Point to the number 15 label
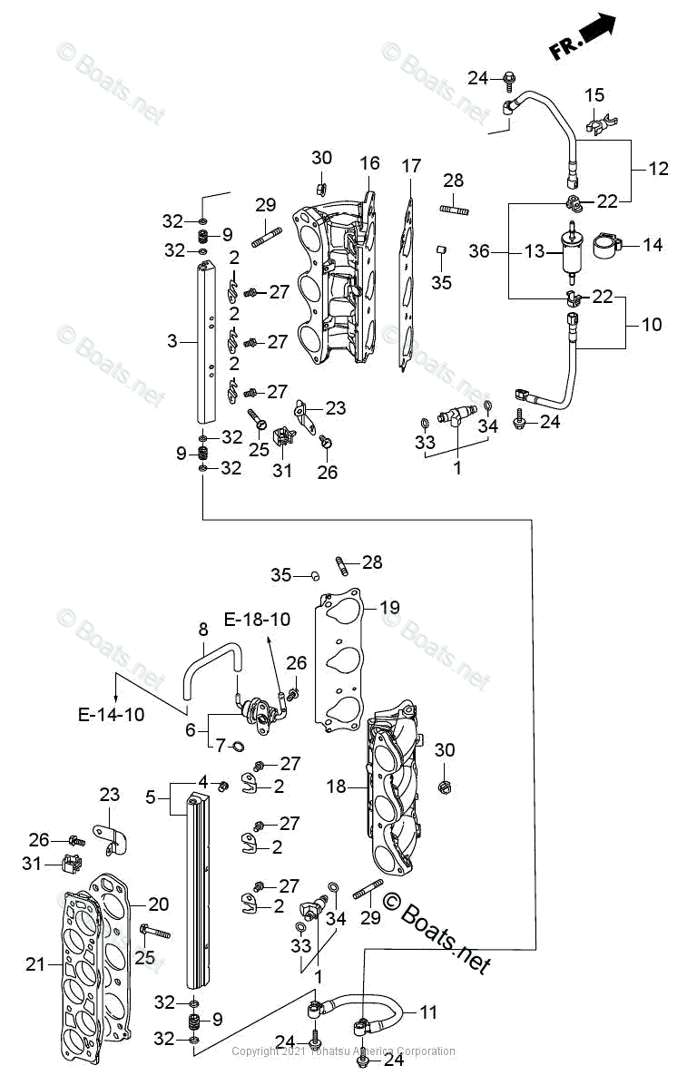pyautogui.click(x=594, y=95)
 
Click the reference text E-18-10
pyautogui.click(x=257, y=620)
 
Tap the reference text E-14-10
pyautogui.click(x=110, y=715)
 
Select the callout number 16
pyautogui.click(x=369, y=163)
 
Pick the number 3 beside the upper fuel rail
pyautogui.click(x=172, y=341)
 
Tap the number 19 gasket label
pyautogui.click(x=389, y=607)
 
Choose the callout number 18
pyautogui.click(x=337, y=787)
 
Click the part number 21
pyautogui.click(x=34, y=964)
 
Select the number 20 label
pyautogui.click(x=159, y=904)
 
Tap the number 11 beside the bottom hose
pyautogui.click(x=427, y=1012)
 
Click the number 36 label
pyautogui.click(x=480, y=251)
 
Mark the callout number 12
pyautogui.click(x=658, y=168)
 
